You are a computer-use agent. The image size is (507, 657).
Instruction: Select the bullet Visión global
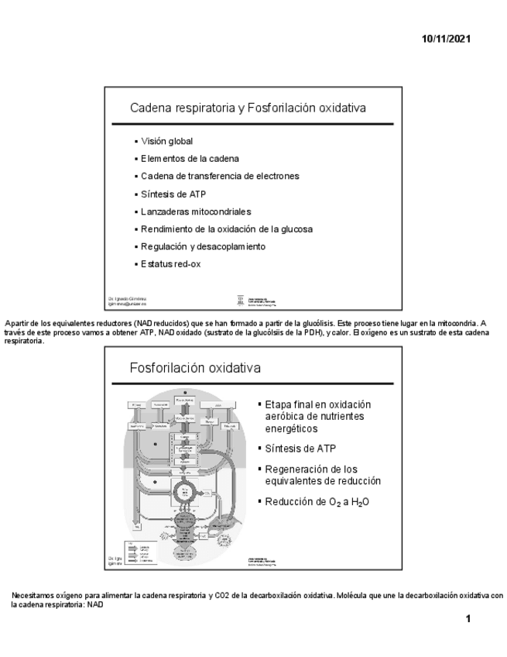(166, 142)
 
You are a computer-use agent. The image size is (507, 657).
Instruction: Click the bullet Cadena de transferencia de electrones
(220, 176)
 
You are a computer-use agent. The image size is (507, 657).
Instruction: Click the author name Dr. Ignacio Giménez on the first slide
(128, 298)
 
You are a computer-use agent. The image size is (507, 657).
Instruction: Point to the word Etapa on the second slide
(277, 405)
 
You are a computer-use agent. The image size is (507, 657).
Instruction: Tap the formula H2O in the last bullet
(358, 502)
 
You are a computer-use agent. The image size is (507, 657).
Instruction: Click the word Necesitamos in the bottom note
(33, 596)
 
